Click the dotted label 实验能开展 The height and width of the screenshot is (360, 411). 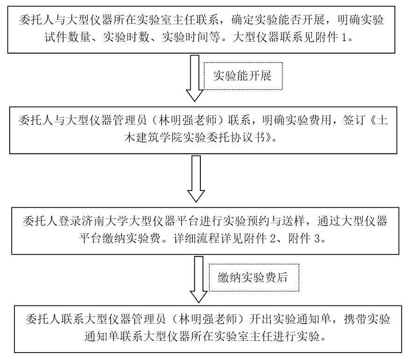(x=242, y=76)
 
